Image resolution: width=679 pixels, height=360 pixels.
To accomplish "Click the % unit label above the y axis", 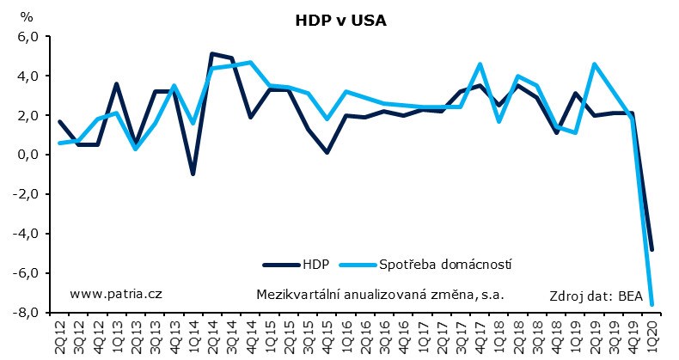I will click(27, 17).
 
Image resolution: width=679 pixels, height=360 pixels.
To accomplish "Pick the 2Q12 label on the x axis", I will click(59, 336).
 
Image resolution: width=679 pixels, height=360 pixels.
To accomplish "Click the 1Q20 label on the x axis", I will click(653, 336).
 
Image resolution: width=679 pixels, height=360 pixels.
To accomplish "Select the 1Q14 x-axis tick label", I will click(193, 336).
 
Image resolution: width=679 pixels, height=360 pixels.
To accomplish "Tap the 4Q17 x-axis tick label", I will click(480, 336).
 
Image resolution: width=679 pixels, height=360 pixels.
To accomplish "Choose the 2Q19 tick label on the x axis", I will click(596, 336).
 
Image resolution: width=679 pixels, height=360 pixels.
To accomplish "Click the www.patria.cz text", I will click(115, 293).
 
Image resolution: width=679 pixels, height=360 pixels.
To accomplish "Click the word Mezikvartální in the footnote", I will click(297, 294).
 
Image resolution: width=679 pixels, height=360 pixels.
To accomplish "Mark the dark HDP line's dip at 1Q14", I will click(193, 174).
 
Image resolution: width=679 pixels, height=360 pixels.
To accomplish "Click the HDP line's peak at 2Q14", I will click(212, 54).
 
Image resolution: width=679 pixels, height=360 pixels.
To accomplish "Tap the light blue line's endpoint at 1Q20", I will click(653, 304).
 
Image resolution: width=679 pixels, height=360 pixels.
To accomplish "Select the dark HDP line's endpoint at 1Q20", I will click(653, 249).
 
